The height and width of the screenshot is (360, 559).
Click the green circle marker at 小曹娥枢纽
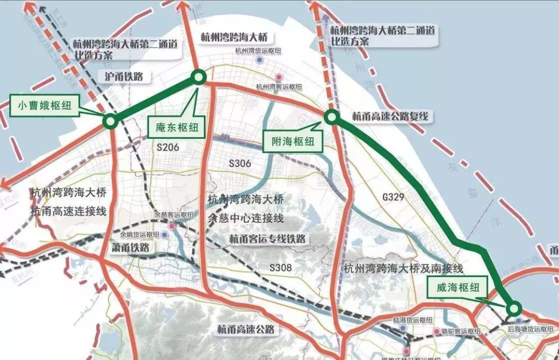point(110,122)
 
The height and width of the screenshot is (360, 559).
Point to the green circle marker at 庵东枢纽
point(199,78)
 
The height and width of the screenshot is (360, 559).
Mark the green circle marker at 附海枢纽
point(332,117)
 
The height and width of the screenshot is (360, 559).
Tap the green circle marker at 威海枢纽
point(513,309)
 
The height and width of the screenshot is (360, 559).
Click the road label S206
point(168,148)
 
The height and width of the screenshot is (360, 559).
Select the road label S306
point(240,164)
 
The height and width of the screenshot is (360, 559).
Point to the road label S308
point(281,268)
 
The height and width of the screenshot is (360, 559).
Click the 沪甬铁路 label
point(124,77)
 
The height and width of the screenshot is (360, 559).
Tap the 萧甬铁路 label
point(130,248)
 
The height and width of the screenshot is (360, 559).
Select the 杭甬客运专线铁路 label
point(268,239)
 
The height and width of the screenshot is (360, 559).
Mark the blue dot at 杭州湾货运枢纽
point(261,60)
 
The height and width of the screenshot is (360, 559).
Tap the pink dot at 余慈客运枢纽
point(171,226)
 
